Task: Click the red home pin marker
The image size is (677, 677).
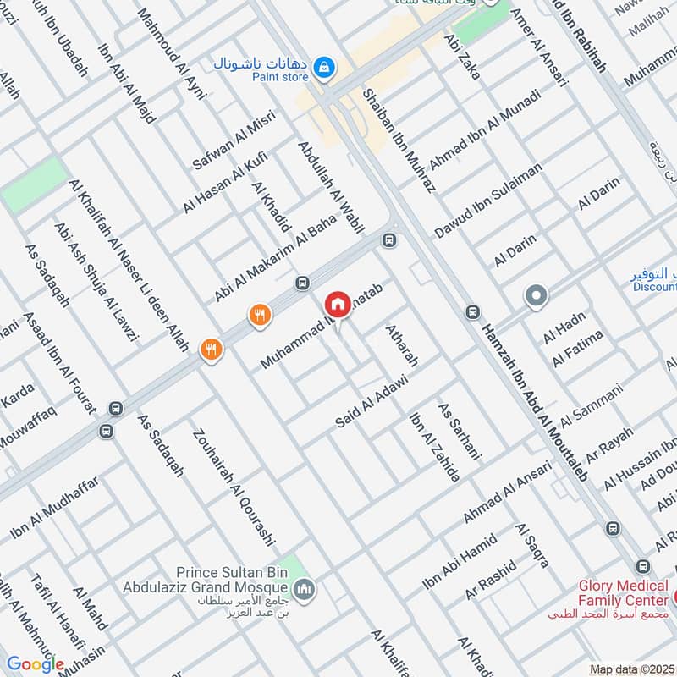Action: tap(338, 305)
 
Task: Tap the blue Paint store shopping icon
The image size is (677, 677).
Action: tap(323, 65)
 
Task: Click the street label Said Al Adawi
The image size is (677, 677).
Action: tap(372, 399)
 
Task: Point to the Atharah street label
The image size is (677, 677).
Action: tap(402, 345)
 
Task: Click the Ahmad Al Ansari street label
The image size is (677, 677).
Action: tap(506, 493)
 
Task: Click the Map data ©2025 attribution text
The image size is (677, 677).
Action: tap(631, 669)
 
